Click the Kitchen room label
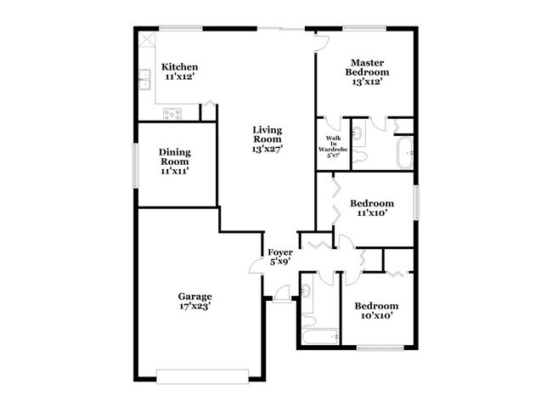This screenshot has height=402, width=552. point(180,71)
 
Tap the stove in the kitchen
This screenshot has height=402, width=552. point(172,112)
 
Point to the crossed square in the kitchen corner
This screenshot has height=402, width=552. point(146,39)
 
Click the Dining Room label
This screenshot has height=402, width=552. point(174,161)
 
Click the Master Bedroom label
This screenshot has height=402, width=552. point(368,71)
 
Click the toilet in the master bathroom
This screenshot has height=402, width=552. point(359,156)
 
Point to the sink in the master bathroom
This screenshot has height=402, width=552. point(357,133)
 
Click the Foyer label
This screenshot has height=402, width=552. point(280,258)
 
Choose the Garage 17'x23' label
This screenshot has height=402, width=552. point(194,301)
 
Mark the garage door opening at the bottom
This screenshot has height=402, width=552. point(202,371)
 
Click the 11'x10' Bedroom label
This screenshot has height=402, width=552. point(372,208)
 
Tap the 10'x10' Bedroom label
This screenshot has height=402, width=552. point(376,310)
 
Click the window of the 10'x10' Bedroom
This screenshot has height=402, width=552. point(379,348)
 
